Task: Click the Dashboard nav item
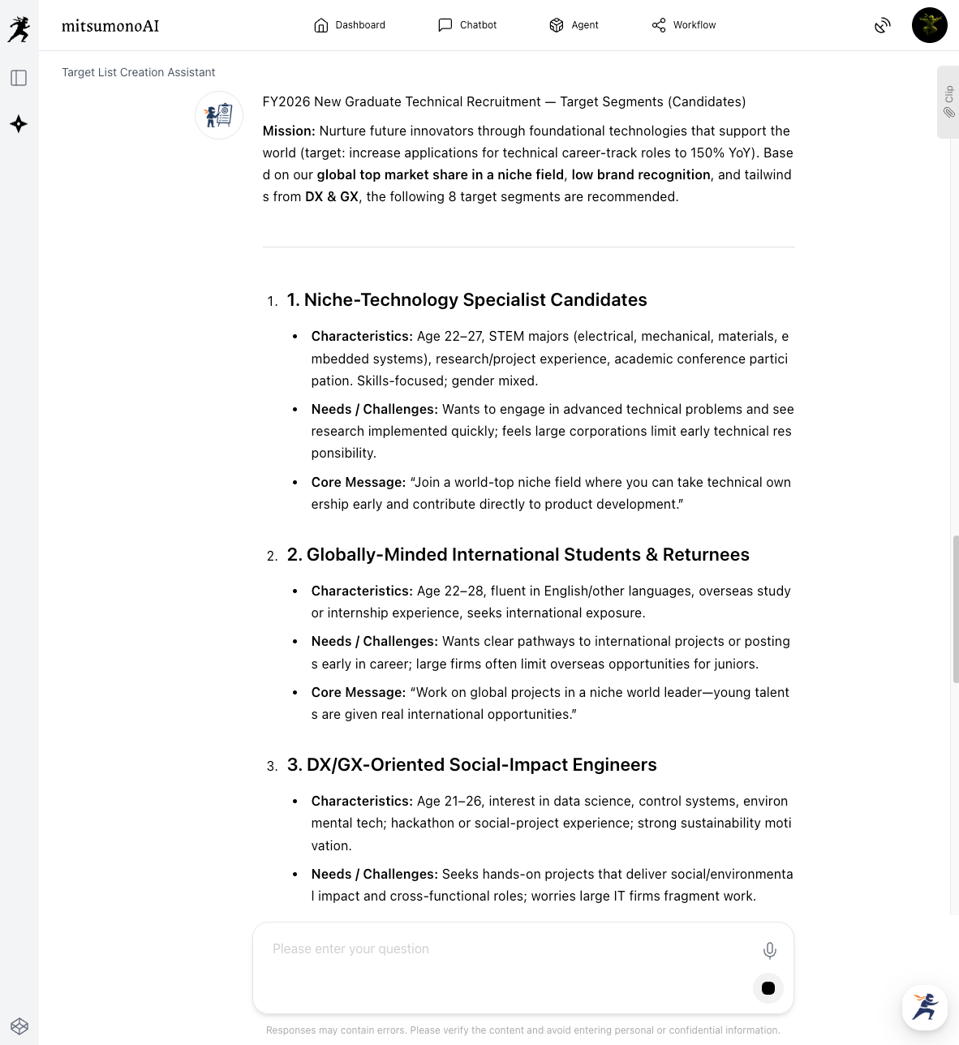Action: (350, 25)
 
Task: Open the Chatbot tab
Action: (467, 25)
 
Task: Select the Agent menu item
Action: (574, 25)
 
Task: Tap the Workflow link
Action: (683, 25)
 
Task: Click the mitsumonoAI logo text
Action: (110, 26)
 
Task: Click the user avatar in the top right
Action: (929, 25)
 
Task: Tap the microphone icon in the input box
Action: (769, 950)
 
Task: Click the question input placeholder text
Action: (350, 949)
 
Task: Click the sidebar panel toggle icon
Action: (19, 78)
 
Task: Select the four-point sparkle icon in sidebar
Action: (19, 124)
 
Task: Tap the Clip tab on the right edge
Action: (948, 102)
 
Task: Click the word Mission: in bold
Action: (288, 131)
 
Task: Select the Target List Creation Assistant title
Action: (139, 72)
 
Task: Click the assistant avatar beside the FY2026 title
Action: (219, 115)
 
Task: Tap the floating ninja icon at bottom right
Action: (924, 1007)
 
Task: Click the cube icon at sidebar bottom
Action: (19, 1026)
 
